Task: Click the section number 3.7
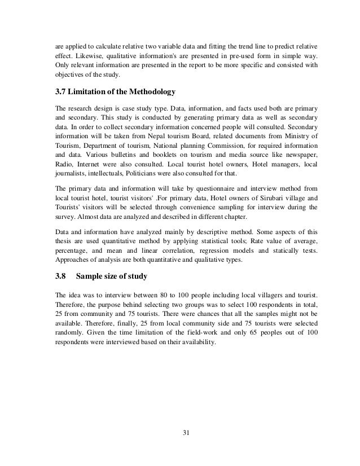(x=60, y=91)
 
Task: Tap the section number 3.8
(x=60, y=278)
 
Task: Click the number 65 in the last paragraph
(x=245, y=332)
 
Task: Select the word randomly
(x=69, y=332)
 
